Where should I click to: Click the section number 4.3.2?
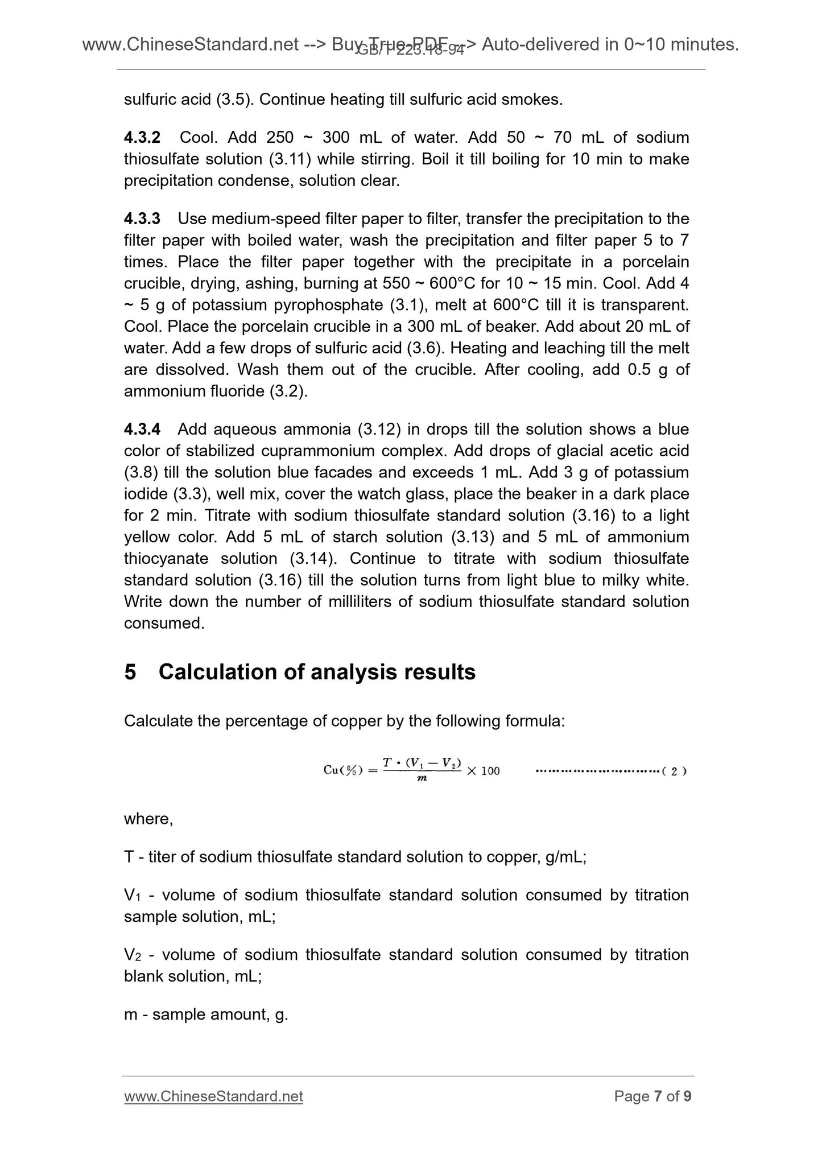pyautogui.click(x=142, y=138)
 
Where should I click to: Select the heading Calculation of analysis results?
pyautogui.click(x=317, y=672)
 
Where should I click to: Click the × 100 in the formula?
pyautogui.click(x=483, y=771)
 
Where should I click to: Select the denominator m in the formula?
pyautogui.click(x=422, y=778)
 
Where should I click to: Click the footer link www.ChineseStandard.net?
pyautogui.click(x=213, y=1096)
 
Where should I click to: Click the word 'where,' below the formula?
pyautogui.click(x=148, y=819)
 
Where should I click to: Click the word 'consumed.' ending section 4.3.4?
pyautogui.click(x=164, y=624)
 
